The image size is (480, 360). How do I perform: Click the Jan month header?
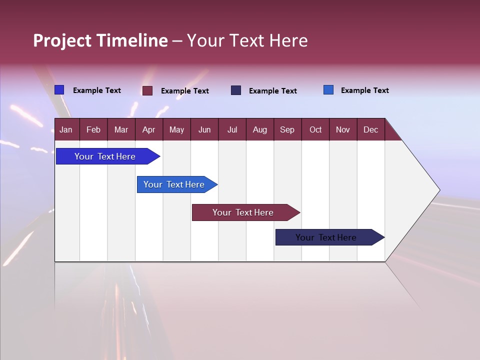66,129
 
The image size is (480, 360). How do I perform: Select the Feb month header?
93,129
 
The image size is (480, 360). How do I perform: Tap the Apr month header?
148,129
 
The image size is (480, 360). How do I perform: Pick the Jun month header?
204,129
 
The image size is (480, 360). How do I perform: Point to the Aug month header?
259,129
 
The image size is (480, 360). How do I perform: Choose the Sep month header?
287,129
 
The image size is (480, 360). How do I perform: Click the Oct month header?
315,129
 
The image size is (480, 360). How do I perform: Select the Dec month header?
370,129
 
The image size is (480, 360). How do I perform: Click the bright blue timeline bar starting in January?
105,156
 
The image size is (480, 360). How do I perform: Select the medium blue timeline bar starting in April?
174,184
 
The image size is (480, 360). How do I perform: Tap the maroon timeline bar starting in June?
243,212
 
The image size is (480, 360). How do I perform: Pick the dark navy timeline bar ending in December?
326,237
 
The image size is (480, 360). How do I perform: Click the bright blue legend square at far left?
59,90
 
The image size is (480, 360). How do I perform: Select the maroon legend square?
147,90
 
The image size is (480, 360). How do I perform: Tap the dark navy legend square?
236,90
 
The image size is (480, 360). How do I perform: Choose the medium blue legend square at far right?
328,90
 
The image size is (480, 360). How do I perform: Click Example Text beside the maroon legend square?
184,91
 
